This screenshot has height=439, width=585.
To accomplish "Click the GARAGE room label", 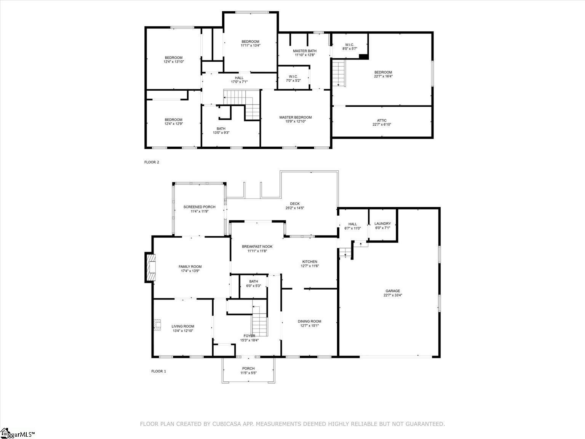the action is [x=393, y=291].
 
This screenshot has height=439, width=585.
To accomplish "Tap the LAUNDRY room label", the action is [x=382, y=224].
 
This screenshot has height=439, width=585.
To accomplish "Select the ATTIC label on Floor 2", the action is [x=382, y=120].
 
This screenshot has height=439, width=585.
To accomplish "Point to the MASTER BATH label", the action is [x=305, y=51].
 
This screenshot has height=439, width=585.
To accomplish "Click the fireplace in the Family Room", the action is [x=150, y=268].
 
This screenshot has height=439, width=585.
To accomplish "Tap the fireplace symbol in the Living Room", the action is [x=157, y=325].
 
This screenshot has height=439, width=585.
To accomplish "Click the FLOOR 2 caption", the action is [x=152, y=162].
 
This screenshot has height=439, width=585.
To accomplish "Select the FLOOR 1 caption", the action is [x=158, y=371].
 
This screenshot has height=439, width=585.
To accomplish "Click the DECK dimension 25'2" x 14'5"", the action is [x=295, y=208].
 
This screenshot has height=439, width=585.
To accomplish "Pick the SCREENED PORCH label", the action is [x=199, y=207].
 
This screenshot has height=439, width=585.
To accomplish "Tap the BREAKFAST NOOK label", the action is [x=257, y=247].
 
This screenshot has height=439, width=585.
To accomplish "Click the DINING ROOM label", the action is [x=309, y=321].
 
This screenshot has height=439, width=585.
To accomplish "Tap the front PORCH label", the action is [x=248, y=369].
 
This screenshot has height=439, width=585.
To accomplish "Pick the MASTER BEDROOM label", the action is [x=295, y=117].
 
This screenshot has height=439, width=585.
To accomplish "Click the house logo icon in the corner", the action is [x=5, y=433].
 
